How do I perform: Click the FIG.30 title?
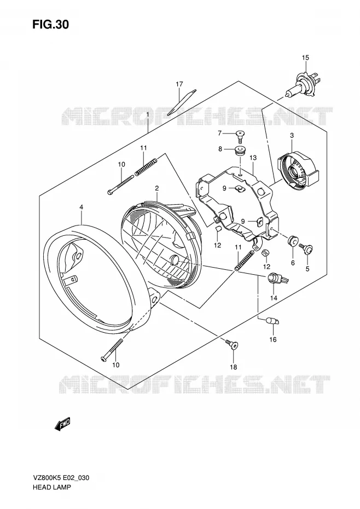click(50, 25)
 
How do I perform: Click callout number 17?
click(179, 84)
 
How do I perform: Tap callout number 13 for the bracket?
click(253, 158)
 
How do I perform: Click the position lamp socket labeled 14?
click(276, 279)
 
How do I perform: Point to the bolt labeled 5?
click(306, 248)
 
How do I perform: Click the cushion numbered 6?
click(293, 241)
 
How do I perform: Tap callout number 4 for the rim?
click(81, 207)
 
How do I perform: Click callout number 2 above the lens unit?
click(156, 188)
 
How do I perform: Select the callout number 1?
click(147, 114)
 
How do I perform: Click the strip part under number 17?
click(182, 102)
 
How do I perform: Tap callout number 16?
click(272, 339)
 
